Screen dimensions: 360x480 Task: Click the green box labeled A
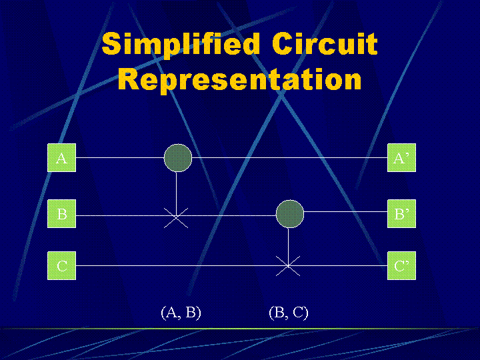[61, 158]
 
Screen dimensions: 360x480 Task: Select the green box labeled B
[61, 214]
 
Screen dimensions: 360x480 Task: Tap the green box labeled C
[61, 265]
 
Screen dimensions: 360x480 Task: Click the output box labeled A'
[401, 158]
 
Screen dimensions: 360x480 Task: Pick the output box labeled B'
[401, 214]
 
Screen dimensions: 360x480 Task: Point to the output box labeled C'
[401, 265]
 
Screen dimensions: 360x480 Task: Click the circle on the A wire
[178, 158]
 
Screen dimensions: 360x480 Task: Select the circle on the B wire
[289, 213]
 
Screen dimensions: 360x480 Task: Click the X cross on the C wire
[288, 265]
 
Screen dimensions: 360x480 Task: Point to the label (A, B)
[181, 312]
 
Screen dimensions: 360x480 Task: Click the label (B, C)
[289, 312]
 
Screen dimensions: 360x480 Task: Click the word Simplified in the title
[181, 45]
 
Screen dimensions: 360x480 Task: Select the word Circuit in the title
[325, 45]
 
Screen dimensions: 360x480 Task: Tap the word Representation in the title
[240, 80]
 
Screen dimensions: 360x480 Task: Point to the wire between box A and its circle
[120, 158]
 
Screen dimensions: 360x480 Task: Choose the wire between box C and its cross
[173, 265]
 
